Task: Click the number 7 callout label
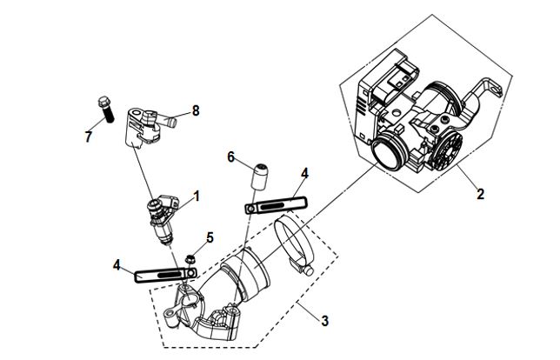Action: (x=88, y=137)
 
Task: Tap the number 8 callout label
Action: (x=196, y=110)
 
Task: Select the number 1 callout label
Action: (x=196, y=197)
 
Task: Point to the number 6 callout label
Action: (x=231, y=157)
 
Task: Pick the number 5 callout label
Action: (x=209, y=237)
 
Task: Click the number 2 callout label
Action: (x=479, y=195)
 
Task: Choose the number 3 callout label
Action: (x=324, y=321)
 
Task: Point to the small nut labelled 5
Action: (x=190, y=257)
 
